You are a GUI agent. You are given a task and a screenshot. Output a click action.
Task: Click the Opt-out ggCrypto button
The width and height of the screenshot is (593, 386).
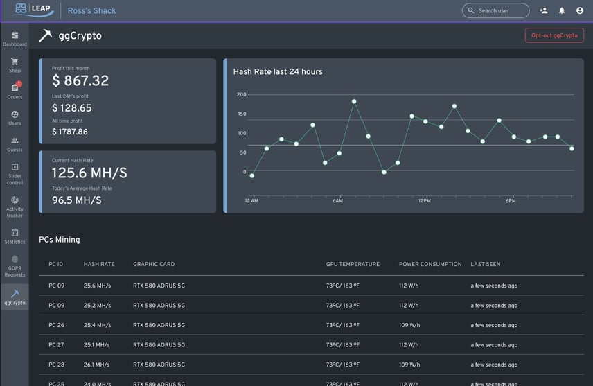click(x=554, y=35)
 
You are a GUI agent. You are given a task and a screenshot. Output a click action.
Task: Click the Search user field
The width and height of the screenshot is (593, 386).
click(x=495, y=10)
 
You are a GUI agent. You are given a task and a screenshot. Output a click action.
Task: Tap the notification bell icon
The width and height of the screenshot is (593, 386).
click(x=562, y=10)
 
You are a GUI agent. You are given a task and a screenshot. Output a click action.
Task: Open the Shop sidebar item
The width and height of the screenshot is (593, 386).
click(x=15, y=65)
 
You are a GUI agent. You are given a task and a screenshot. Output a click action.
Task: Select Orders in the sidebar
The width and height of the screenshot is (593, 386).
click(x=15, y=91)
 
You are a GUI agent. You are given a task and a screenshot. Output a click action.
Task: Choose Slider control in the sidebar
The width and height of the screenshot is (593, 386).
click(x=15, y=174)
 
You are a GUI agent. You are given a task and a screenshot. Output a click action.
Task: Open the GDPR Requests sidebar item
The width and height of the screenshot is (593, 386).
click(x=15, y=266)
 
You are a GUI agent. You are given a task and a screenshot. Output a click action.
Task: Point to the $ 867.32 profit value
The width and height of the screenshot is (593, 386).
click(x=80, y=80)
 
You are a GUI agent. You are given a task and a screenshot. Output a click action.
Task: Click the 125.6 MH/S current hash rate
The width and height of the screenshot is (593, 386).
click(x=89, y=173)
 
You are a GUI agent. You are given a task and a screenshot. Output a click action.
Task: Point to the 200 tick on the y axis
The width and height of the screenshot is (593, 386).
click(x=242, y=95)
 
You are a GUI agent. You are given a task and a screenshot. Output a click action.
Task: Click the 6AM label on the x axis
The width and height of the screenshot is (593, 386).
click(x=337, y=201)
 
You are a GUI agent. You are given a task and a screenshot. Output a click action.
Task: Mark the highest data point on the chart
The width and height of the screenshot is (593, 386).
click(x=353, y=101)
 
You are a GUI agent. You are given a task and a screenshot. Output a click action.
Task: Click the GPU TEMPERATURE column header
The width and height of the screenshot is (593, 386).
click(x=353, y=264)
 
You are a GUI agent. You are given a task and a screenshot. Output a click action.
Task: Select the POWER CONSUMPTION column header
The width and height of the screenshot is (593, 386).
click(x=430, y=264)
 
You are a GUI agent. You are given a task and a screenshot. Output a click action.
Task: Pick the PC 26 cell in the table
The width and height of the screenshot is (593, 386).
click(x=56, y=325)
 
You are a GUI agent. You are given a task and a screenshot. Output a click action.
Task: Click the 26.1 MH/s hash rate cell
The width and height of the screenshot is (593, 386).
click(x=96, y=365)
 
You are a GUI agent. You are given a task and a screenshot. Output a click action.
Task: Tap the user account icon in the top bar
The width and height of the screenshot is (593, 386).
click(x=580, y=10)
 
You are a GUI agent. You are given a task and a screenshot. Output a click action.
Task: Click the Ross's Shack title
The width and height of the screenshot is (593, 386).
click(x=91, y=11)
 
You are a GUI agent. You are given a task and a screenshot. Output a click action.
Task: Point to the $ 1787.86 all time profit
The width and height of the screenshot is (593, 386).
click(x=70, y=132)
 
